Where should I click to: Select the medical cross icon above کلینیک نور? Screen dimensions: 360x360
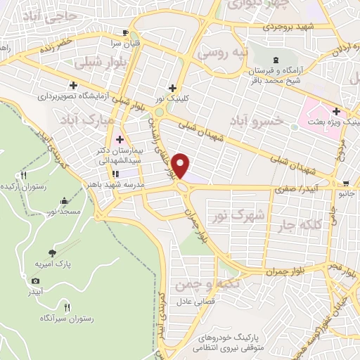coord(172,87)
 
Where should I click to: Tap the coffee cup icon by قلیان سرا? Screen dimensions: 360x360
coord(126,32)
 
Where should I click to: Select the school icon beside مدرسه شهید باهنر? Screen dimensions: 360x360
coord(115,174)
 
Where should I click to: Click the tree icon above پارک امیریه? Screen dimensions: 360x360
coord(51,252)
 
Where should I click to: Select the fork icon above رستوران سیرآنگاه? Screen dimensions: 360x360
coord(67,307)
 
